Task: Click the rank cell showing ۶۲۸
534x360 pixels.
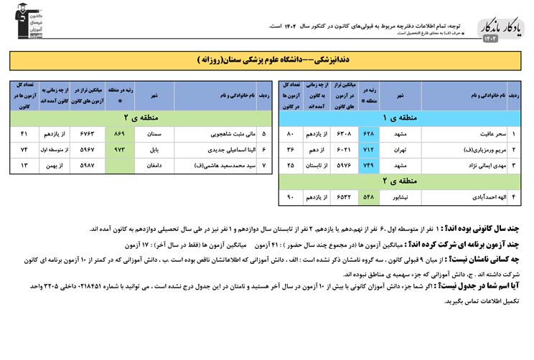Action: [369, 134]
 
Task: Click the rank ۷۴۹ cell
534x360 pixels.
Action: [369, 165]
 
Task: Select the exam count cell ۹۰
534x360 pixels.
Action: [291, 196]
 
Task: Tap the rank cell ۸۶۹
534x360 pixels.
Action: [119, 133]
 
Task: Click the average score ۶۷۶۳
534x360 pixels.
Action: [86, 133]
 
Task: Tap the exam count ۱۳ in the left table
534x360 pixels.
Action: [24, 165]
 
